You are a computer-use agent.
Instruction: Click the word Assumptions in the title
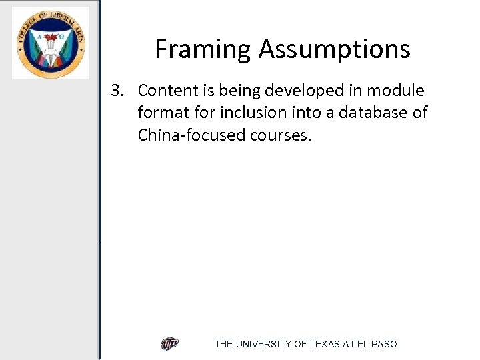(x=335, y=49)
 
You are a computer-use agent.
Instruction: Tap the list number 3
(x=117, y=91)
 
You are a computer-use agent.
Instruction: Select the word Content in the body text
(x=167, y=91)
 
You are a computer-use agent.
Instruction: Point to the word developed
(x=296, y=91)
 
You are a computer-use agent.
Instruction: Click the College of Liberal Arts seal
(x=50, y=43)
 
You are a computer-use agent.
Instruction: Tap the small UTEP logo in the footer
(x=170, y=343)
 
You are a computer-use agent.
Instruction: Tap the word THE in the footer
(x=223, y=344)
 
